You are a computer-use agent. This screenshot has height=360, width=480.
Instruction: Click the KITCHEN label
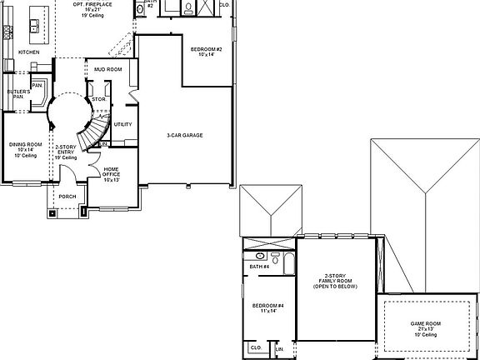(28, 52)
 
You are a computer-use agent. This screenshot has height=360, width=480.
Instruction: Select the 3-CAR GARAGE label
(185, 135)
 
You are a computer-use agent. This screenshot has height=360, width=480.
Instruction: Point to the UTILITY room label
(122, 124)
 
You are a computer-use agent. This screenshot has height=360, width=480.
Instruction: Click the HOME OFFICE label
(112, 173)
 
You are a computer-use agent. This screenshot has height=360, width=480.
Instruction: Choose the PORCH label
(67, 197)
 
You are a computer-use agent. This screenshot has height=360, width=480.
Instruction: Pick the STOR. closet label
(97, 99)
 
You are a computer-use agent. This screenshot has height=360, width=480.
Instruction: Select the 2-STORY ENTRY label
(66, 151)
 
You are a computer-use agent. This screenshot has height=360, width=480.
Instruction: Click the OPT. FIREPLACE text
(92, 4)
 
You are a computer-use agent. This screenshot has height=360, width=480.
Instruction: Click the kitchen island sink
(36, 22)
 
